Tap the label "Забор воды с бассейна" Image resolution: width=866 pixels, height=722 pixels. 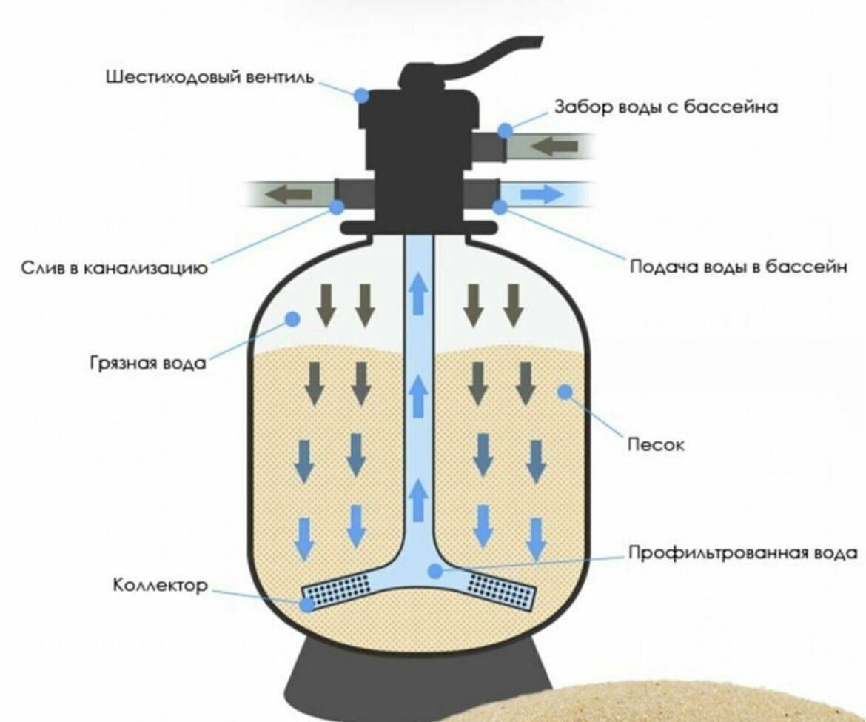pyautogui.click(x=666, y=107)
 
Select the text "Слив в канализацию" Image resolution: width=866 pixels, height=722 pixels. pyautogui.click(x=113, y=268)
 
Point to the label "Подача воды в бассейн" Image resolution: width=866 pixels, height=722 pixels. pyautogui.click(x=737, y=267)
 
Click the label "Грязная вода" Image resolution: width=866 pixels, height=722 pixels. pyautogui.click(x=149, y=364)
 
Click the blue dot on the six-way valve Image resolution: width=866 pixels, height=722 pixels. pyautogui.click(x=361, y=95)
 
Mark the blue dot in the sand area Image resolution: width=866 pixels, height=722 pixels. pyautogui.click(x=566, y=391)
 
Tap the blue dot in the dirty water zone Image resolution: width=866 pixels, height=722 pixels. pyautogui.click(x=292, y=318)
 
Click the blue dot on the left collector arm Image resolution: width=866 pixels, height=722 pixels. pyautogui.click(x=307, y=604)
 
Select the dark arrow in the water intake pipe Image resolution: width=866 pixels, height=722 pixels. pyautogui.click(x=554, y=147)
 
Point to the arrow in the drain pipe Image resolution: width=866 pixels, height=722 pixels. pyautogui.click(x=289, y=195)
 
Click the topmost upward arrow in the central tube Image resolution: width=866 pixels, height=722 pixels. pyautogui.click(x=420, y=292)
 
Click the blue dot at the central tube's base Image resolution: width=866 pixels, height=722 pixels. pyautogui.click(x=437, y=571)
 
